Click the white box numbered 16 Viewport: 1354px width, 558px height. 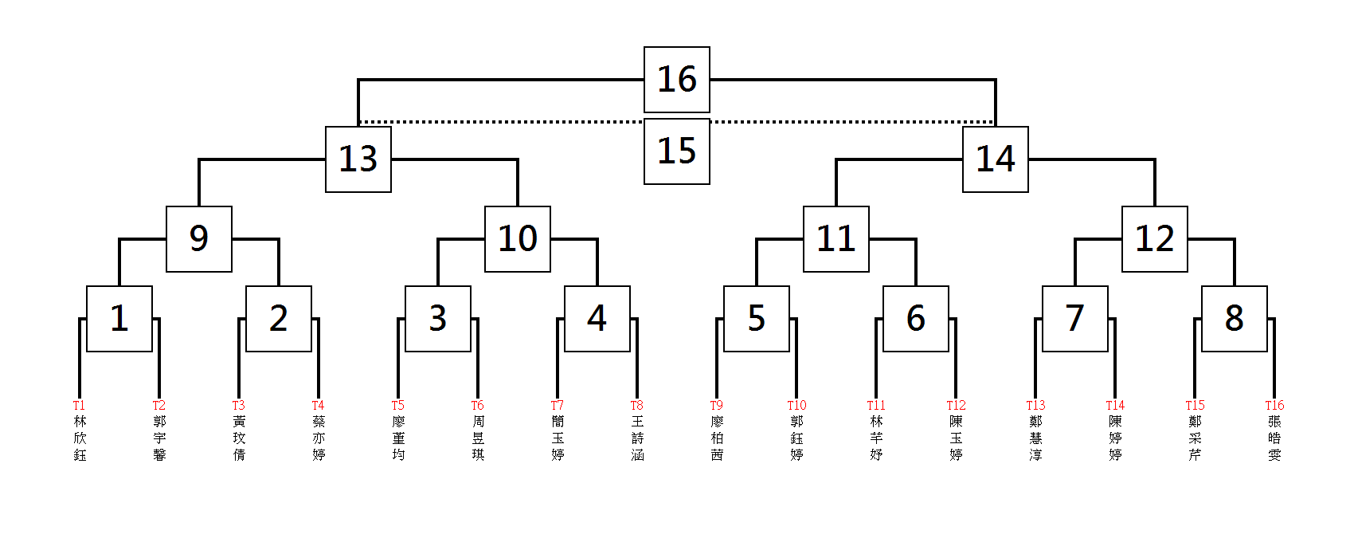(x=677, y=80)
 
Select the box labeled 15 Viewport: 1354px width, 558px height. (x=677, y=151)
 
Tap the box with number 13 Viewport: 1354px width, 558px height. (x=358, y=159)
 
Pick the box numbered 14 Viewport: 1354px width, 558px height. (x=996, y=159)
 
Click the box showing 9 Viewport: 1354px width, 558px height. (x=199, y=239)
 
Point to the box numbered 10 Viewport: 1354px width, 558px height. (x=518, y=239)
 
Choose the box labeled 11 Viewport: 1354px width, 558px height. (x=836, y=239)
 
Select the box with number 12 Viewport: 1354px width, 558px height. (x=1155, y=239)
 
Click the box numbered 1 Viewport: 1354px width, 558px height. (x=119, y=319)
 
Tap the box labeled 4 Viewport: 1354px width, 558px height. (x=597, y=319)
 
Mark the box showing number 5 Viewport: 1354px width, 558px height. (x=757, y=319)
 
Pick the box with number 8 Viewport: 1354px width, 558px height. (x=1235, y=319)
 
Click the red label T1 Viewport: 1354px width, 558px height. (x=79, y=406)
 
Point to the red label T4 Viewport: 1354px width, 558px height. (x=318, y=406)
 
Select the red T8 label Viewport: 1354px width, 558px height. (x=636, y=406)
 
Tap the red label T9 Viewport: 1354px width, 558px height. (x=717, y=406)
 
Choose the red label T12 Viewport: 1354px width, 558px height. (x=956, y=406)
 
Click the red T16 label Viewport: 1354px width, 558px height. (x=1274, y=406)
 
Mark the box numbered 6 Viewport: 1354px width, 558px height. (x=916, y=319)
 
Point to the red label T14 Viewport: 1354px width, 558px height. (x=1115, y=406)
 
